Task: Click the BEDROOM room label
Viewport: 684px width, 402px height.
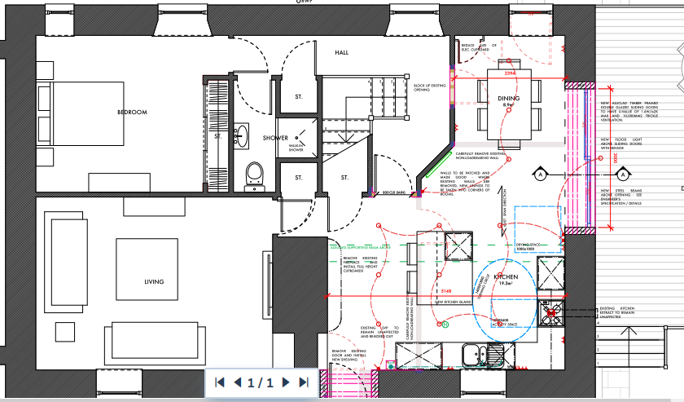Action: pyautogui.click(x=132, y=112)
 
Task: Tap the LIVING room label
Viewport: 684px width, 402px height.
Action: pyautogui.click(x=154, y=282)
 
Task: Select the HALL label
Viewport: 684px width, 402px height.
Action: pyautogui.click(x=342, y=53)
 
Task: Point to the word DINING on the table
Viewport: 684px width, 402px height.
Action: pyautogui.click(x=509, y=99)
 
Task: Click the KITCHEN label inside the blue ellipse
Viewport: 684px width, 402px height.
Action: pyautogui.click(x=506, y=277)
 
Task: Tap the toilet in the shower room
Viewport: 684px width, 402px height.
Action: pyautogui.click(x=255, y=174)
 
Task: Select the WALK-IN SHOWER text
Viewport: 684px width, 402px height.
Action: pyautogui.click(x=296, y=148)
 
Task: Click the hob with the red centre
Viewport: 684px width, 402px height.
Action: pyautogui.click(x=551, y=311)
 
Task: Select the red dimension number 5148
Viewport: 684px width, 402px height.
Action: pyautogui.click(x=445, y=291)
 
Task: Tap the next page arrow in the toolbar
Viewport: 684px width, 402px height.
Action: pyautogui.click(x=286, y=382)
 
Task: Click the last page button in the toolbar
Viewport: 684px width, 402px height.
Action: pyautogui.click(x=304, y=382)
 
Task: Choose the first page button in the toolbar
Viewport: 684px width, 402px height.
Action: pyautogui.click(x=219, y=382)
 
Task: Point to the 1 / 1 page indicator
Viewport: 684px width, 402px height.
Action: pyautogui.click(x=261, y=382)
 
